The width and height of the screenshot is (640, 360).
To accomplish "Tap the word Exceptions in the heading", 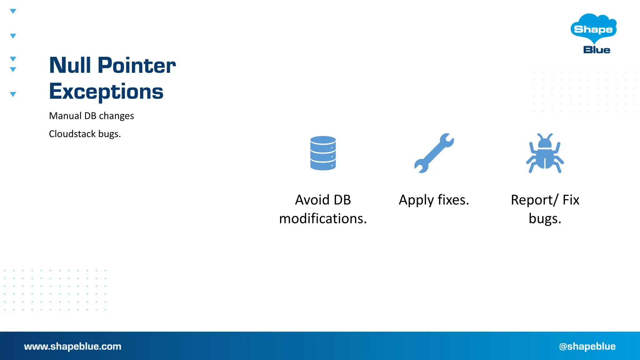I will point(106,92).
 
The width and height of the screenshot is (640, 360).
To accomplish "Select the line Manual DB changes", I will point(91,116).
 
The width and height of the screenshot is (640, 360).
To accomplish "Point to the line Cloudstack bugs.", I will point(85,134).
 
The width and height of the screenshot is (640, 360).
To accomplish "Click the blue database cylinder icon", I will point(323,153).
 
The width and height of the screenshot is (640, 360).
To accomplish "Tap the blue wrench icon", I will point(434,153).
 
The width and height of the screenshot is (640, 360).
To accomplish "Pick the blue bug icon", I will point(545,153).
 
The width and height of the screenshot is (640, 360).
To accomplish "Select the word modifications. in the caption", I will point(323,219).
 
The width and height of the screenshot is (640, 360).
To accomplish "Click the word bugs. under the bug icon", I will point(545,219).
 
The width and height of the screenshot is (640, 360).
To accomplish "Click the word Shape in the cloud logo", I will point(593,29).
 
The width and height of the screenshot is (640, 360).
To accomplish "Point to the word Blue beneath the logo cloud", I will point(597,50).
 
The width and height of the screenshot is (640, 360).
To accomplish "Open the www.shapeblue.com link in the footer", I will point(72,346).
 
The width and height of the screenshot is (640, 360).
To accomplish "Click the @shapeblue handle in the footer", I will point(587,346).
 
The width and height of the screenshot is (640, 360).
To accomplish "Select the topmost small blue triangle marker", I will point(13,11).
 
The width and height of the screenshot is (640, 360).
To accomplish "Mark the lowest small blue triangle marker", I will point(13,94).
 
